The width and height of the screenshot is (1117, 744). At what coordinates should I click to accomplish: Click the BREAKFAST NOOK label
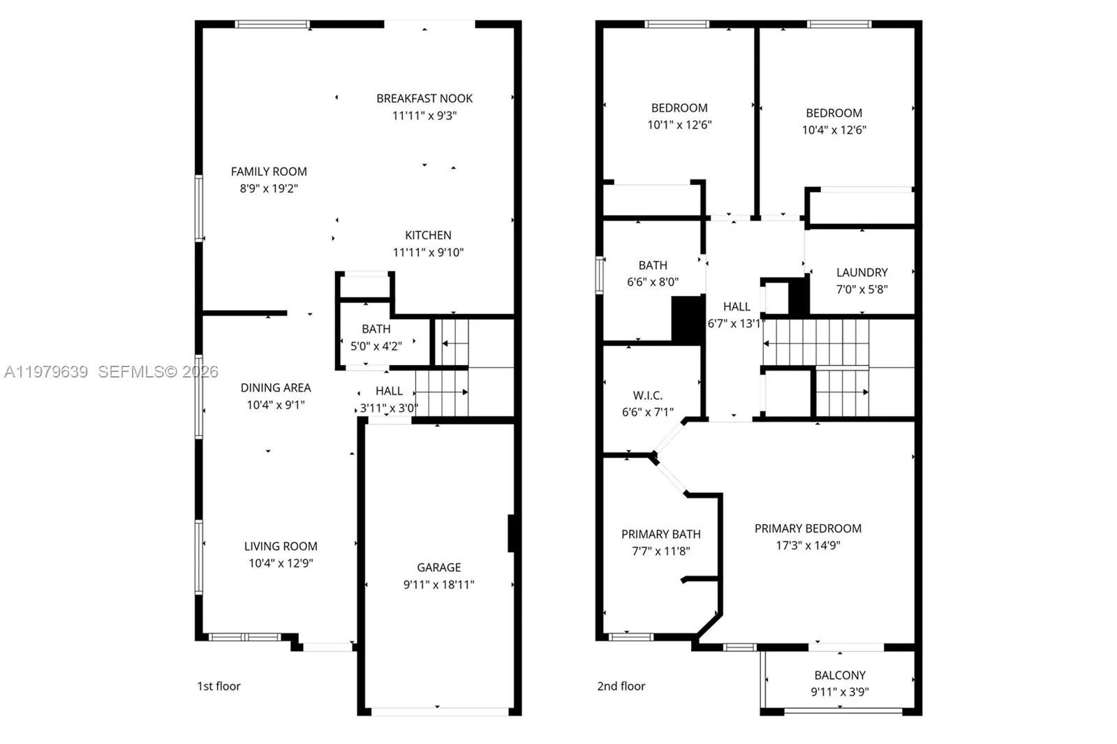click(x=424, y=98)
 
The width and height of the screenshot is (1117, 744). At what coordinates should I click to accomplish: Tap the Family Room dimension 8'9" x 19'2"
click(x=269, y=188)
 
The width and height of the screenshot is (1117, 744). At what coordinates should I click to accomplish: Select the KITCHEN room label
click(x=428, y=235)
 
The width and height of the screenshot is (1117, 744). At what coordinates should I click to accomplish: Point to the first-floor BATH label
click(x=376, y=329)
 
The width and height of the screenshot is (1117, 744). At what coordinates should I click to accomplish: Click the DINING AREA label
click(x=276, y=387)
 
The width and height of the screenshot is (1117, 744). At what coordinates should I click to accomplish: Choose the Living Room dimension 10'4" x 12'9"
click(x=281, y=563)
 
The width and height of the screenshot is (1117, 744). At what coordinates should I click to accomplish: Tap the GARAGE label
click(x=438, y=567)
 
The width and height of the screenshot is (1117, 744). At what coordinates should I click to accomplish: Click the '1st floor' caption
click(x=219, y=686)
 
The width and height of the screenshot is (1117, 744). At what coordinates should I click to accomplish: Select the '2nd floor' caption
click(x=621, y=686)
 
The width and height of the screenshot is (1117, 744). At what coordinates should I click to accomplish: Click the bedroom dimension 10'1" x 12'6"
click(x=679, y=125)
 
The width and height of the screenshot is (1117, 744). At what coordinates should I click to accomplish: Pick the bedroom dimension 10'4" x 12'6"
click(x=834, y=130)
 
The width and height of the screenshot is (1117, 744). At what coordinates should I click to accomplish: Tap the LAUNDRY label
click(x=861, y=272)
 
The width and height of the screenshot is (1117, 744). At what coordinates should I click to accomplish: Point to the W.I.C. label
click(x=647, y=395)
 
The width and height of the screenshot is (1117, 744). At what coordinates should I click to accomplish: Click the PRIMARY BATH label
click(x=660, y=534)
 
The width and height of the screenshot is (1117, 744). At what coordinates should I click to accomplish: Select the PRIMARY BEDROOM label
click(x=808, y=528)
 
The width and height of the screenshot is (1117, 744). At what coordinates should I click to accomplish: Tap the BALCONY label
click(x=839, y=675)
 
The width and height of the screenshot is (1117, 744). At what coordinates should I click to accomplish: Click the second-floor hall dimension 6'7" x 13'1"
click(x=736, y=323)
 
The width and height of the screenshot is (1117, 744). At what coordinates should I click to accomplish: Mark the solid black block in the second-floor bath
click(x=687, y=320)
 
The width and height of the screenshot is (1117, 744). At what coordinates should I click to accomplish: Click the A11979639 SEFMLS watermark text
click(x=112, y=372)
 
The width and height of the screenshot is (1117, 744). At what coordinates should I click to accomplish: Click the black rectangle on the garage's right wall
click(x=511, y=534)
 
